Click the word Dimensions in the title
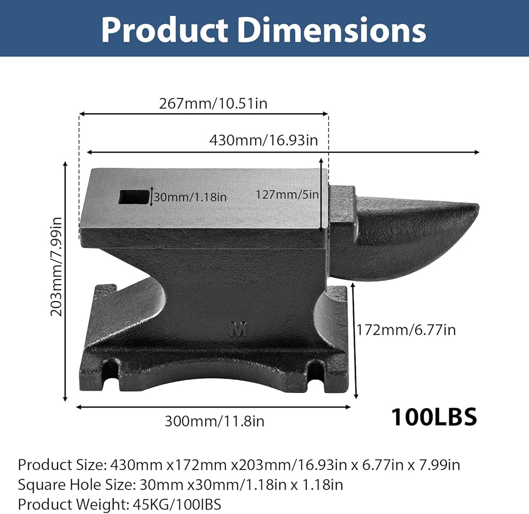[x=332, y=30]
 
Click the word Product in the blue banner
[x=165, y=30]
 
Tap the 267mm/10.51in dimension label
[x=213, y=103]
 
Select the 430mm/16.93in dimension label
[x=263, y=140]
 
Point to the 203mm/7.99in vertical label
[x=57, y=266]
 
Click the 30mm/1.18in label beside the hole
[x=190, y=197]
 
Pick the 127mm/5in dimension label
[x=287, y=194]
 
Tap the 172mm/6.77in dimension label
[x=406, y=330]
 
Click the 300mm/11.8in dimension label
[x=215, y=421]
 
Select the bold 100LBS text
[x=434, y=417]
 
